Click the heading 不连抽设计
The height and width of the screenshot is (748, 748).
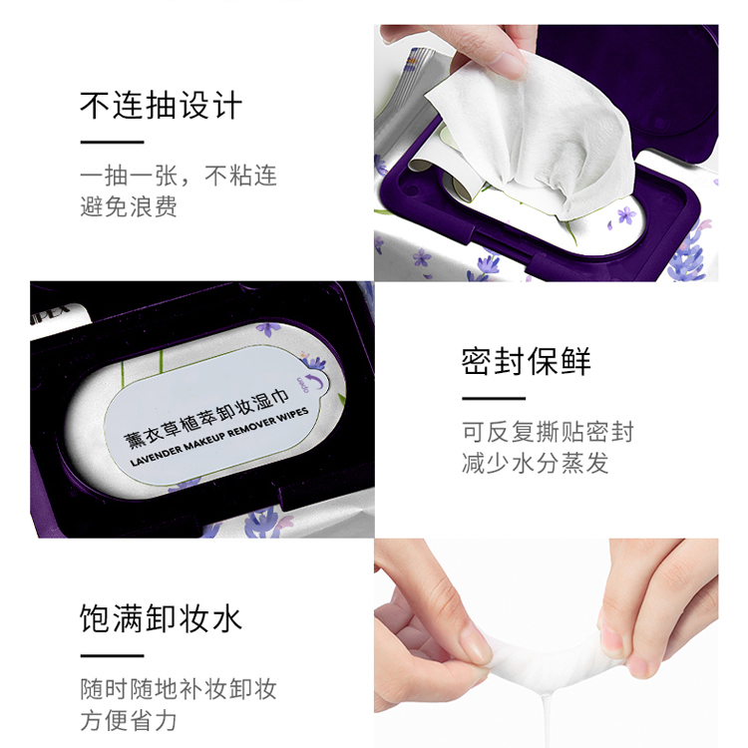[161, 106]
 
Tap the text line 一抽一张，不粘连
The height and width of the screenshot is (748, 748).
[179, 177]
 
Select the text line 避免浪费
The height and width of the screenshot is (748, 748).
[129, 207]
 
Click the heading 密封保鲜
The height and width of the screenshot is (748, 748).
[527, 361]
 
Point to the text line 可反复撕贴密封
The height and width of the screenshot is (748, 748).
[548, 432]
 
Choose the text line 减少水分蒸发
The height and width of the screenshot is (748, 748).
[535, 463]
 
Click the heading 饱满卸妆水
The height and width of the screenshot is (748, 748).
[161, 618]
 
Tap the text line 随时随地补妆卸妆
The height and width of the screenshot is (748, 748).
[179, 689]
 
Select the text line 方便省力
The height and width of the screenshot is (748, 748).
[129, 720]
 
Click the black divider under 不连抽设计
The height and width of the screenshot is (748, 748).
[112, 142]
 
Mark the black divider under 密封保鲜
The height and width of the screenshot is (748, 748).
[494, 398]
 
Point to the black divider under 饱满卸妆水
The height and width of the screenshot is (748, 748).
[112, 655]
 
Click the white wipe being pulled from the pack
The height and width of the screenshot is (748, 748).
[539, 140]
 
